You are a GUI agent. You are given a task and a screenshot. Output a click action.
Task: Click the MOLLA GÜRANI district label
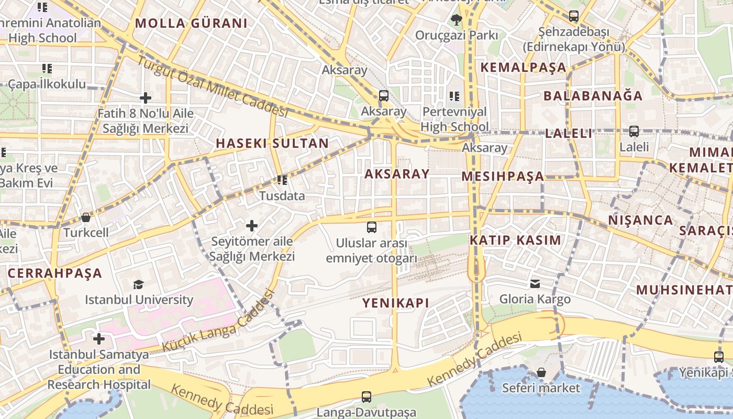pos(191,23)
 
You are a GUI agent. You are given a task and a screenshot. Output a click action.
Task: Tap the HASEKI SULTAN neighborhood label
pos(272,143)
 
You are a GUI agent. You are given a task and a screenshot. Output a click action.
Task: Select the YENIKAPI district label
pos(396,303)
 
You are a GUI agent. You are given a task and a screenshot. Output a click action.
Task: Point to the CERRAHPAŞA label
pos(55,273)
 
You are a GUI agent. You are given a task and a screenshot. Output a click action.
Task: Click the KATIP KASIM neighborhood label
pos(515,240)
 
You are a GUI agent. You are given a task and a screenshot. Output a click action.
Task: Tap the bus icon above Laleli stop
pos(634,131)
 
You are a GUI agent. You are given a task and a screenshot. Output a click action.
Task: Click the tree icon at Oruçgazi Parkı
pos(456,20)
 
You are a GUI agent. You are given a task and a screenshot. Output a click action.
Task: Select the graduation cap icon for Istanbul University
pos(138,284)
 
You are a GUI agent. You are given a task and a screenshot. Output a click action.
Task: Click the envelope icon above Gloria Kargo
pos(535,283)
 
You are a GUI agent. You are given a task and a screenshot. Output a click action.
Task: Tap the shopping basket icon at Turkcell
pos(86,217)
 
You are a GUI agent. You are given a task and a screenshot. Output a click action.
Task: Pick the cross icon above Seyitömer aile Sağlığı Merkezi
pos(252,226)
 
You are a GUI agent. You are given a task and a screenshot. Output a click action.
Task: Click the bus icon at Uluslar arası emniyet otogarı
pos(371,227)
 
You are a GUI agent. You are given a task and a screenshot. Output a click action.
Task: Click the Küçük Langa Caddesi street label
pos(218,321)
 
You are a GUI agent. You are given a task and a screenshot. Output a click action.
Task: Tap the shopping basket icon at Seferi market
pos(541,372)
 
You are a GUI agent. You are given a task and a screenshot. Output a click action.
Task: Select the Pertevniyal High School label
pos(454,119)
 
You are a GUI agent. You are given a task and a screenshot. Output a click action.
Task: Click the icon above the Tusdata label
pos(282,181)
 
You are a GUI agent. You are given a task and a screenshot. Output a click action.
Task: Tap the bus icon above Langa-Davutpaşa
pos(366,397)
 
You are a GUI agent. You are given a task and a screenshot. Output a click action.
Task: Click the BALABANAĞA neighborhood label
pos(593,96)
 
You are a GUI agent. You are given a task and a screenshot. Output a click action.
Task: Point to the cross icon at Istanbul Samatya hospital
pos(99,339)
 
